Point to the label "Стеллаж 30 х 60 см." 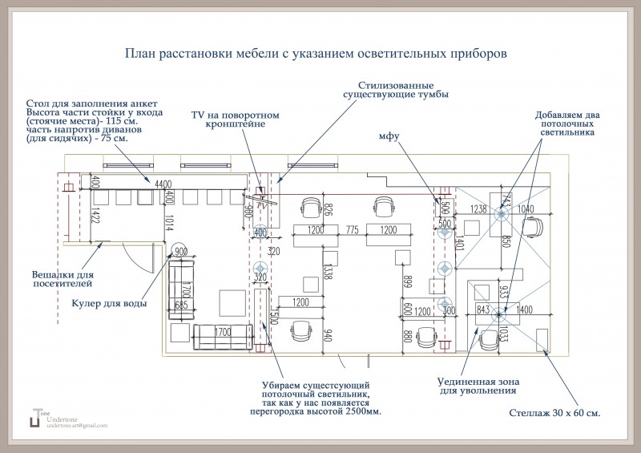point(554,414)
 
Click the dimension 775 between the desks point(353,231)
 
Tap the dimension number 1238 point(479,209)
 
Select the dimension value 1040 point(525,209)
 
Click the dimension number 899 point(409,281)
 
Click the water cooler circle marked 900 point(179,252)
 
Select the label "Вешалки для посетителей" point(62,277)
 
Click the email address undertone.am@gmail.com point(77,425)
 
